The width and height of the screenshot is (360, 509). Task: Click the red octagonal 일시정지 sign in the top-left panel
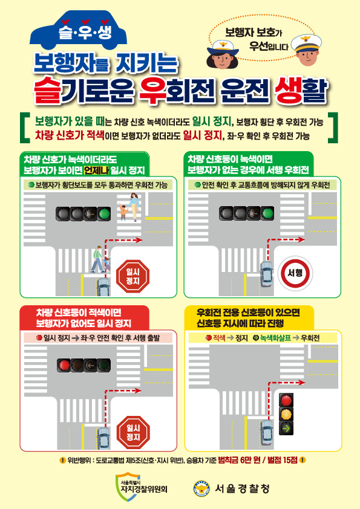pyautogui.click(x=133, y=276)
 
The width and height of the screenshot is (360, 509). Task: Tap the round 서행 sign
pyautogui.click(x=295, y=273)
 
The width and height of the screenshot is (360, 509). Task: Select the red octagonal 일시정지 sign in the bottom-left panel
pyautogui.click(x=133, y=432)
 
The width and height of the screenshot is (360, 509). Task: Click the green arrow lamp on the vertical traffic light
pyautogui.click(x=286, y=428)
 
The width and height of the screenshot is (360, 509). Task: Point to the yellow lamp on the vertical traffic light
pyautogui.click(x=286, y=414)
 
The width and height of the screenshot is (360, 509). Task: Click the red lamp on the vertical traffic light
pyautogui.click(x=286, y=400)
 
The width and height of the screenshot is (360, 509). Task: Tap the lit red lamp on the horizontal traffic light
pyautogui.click(x=64, y=365)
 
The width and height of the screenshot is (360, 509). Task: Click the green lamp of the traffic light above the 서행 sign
pyautogui.click(x=267, y=213)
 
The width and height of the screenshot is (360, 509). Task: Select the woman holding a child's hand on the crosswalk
pyautogui.click(x=134, y=207)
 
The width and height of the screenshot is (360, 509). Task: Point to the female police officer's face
pyautogui.click(x=223, y=59)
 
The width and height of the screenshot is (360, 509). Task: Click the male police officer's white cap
pyautogui.click(x=306, y=43)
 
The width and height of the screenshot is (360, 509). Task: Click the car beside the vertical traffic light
pyautogui.click(x=266, y=433)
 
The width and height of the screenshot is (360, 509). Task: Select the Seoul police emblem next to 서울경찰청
pyautogui.click(x=201, y=488)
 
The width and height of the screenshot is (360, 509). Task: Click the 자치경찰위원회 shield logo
pyautogui.click(x=123, y=487)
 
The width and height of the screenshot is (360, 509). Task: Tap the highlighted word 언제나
pyautogui.click(x=96, y=170)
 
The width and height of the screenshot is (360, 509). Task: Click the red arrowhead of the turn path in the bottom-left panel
pyautogui.click(x=138, y=391)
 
